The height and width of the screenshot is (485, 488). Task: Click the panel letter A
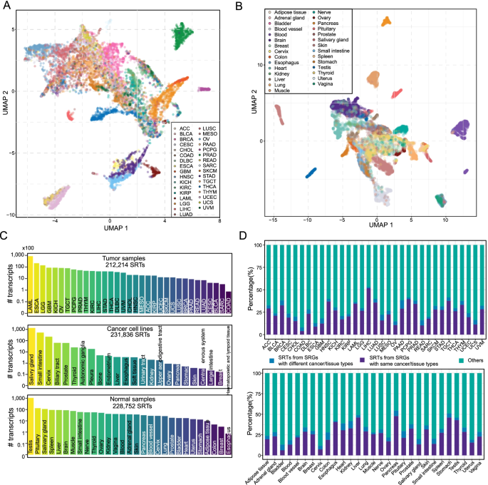(7, 6)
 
